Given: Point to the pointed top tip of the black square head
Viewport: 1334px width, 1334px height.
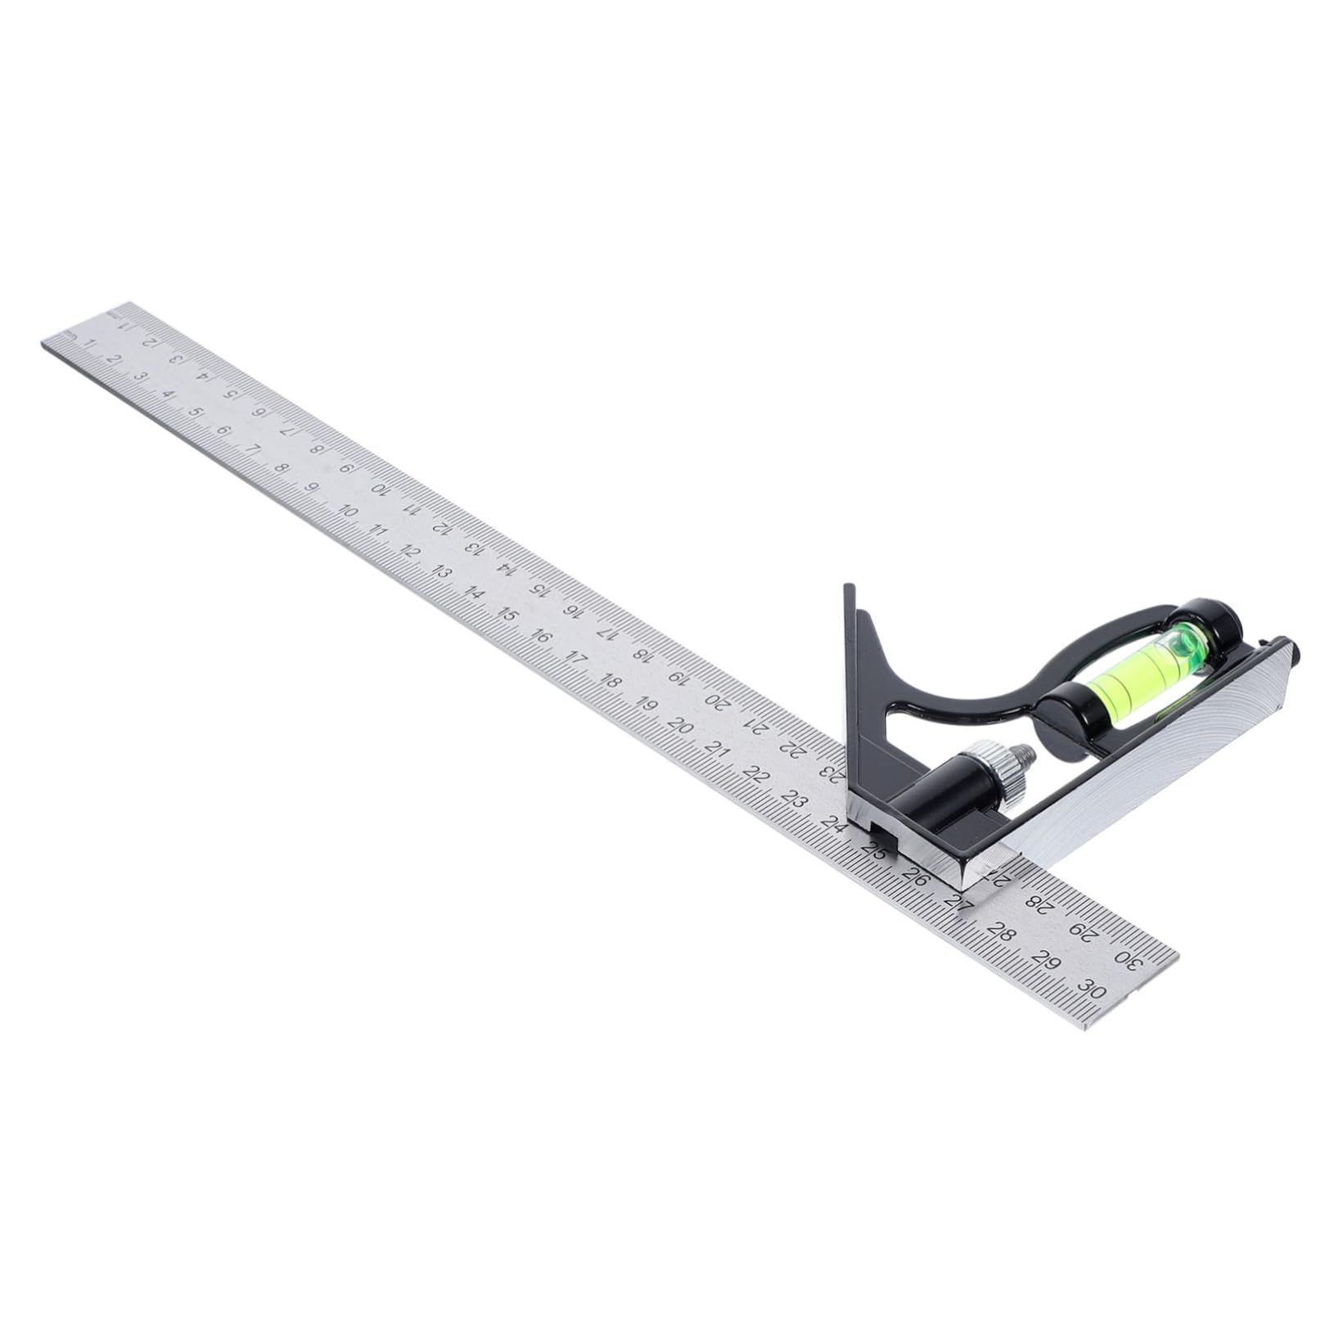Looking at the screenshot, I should (849, 585).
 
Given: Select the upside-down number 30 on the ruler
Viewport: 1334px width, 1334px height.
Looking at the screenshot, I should (1126, 960).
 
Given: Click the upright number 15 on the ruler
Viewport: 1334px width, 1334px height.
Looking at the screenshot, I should (507, 615).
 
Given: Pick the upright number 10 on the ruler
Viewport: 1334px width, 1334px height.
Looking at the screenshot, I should (347, 512).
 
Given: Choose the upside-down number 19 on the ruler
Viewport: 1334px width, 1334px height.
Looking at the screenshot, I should (677, 676).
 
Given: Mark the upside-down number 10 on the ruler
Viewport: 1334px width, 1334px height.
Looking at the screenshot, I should (380, 489).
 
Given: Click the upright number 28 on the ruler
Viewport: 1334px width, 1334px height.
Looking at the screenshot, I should (999, 930).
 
